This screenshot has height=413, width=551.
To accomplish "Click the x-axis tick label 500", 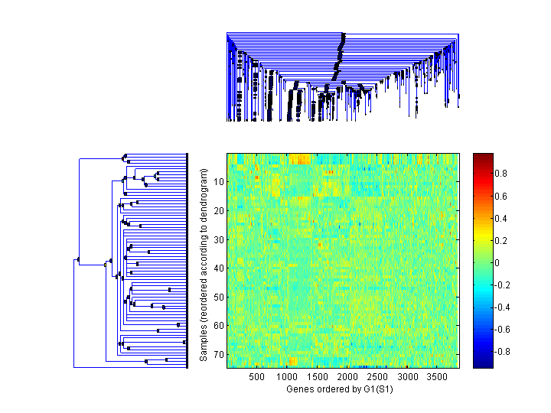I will pyautogui.click(x=256, y=377).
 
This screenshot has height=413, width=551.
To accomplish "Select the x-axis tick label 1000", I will pyautogui.click(x=286, y=377).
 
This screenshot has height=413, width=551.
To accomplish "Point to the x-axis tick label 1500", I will pyautogui.click(x=317, y=377).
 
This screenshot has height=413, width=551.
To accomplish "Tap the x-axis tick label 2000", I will pyautogui.click(x=347, y=377).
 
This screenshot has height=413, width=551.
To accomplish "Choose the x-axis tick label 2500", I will pyautogui.click(x=377, y=377).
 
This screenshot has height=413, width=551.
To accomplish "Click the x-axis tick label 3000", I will pyautogui.click(x=407, y=377).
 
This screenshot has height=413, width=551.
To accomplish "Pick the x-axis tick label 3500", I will pyautogui.click(x=437, y=377).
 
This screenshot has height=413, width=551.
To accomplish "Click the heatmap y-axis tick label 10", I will pyautogui.click(x=218, y=182).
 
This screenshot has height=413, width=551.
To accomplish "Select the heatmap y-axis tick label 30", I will pyautogui.click(x=218, y=239).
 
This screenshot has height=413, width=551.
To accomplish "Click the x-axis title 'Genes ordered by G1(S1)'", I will pyautogui.click(x=334, y=389).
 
